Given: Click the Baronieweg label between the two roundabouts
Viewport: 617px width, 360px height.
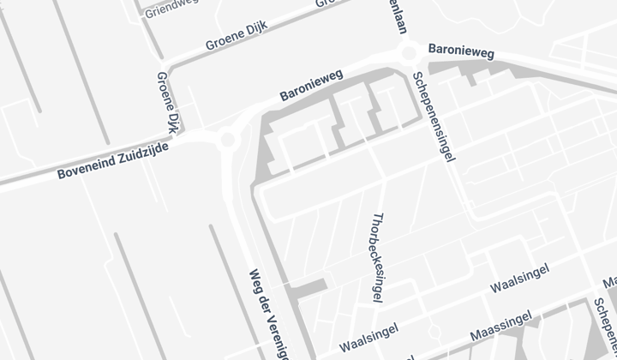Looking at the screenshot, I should point(311,85).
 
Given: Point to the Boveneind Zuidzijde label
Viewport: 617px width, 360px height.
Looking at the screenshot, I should point(112,161).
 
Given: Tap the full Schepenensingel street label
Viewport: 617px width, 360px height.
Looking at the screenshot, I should point(434,116).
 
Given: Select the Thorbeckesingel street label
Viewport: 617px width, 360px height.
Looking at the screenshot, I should point(377,257).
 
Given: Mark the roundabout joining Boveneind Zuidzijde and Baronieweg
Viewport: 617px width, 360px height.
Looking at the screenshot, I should point(227,139).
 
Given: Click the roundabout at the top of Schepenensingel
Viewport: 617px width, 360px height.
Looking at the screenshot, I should point(410,54).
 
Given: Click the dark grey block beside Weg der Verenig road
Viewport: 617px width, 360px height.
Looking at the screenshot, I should point(308,289).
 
